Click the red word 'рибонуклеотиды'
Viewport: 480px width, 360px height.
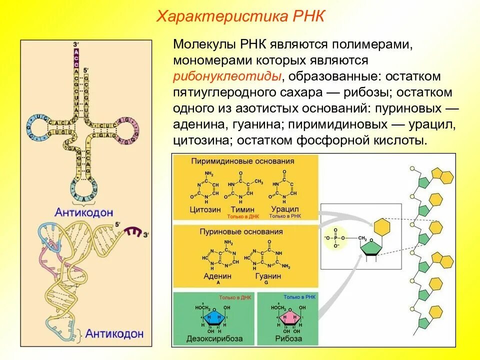click(x=226, y=76)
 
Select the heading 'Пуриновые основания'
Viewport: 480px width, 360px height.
click(x=241, y=232)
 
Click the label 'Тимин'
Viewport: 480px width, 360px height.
click(x=242, y=209)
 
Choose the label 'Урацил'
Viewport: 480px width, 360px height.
click(x=283, y=209)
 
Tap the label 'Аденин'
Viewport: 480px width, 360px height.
click(x=217, y=276)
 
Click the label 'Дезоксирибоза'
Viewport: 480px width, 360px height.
click(x=213, y=338)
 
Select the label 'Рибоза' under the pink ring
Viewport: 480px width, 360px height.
click(x=288, y=338)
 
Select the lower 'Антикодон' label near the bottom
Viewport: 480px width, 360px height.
click(x=114, y=333)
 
